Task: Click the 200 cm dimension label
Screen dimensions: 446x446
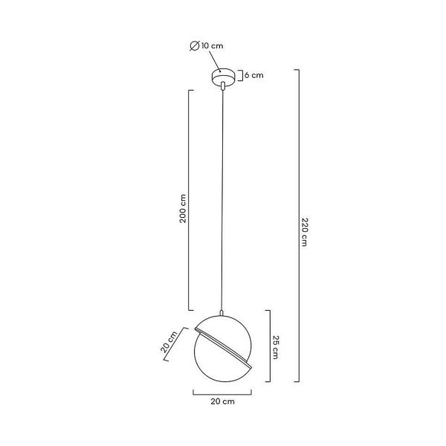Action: click(x=183, y=208)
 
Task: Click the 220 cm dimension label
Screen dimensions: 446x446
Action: click(x=305, y=232)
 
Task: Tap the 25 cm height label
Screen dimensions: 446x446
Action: click(x=276, y=347)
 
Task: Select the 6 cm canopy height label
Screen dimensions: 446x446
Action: click(x=254, y=75)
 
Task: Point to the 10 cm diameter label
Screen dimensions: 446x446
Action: click(x=212, y=46)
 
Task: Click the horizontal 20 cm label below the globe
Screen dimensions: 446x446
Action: click(x=223, y=401)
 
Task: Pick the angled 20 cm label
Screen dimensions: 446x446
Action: click(x=169, y=342)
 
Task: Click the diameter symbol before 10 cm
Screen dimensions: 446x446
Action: click(x=195, y=46)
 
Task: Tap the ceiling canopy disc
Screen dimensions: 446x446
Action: click(x=223, y=76)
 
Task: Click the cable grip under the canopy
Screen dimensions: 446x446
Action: click(x=223, y=85)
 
